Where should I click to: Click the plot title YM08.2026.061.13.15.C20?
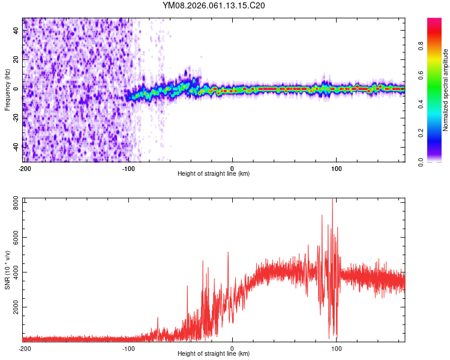(x=214, y=6)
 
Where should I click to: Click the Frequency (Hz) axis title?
(x=7, y=90)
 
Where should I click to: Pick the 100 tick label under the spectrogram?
(x=337, y=168)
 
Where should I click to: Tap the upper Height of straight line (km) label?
(x=214, y=174)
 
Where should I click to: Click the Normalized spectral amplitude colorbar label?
(x=446, y=90)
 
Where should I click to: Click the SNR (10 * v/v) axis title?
(x=7, y=270)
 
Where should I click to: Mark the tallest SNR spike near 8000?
(x=332, y=200)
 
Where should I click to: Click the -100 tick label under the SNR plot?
(x=128, y=348)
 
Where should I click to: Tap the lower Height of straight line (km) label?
(x=214, y=354)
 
